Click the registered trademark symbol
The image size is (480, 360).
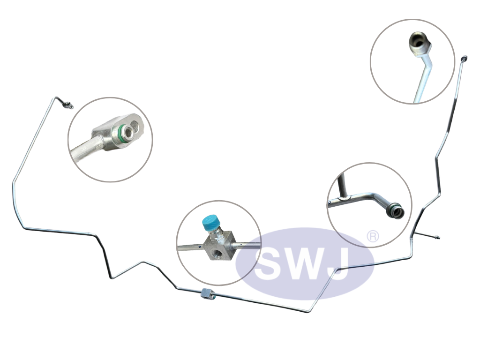point(373,236)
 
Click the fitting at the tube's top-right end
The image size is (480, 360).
point(465,58)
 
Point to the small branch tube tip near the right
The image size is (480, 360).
point(437,238)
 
